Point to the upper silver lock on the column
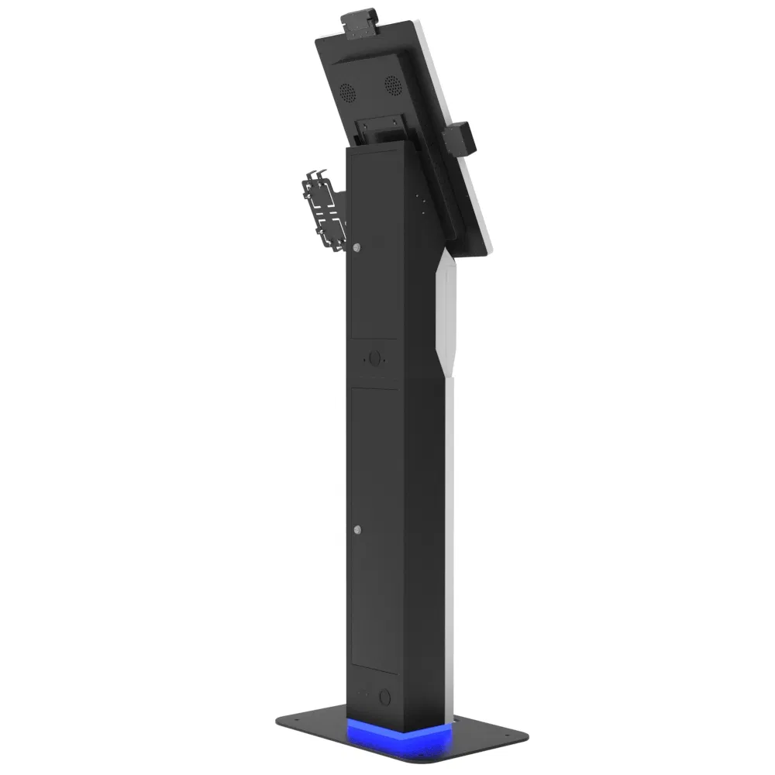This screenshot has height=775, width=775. (x=356, y=247)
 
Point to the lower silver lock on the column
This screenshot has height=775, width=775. (x=356, y=530)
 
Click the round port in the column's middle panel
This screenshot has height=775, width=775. (x=375, y=360)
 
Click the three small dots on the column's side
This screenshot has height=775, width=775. (x=422, y=204)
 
